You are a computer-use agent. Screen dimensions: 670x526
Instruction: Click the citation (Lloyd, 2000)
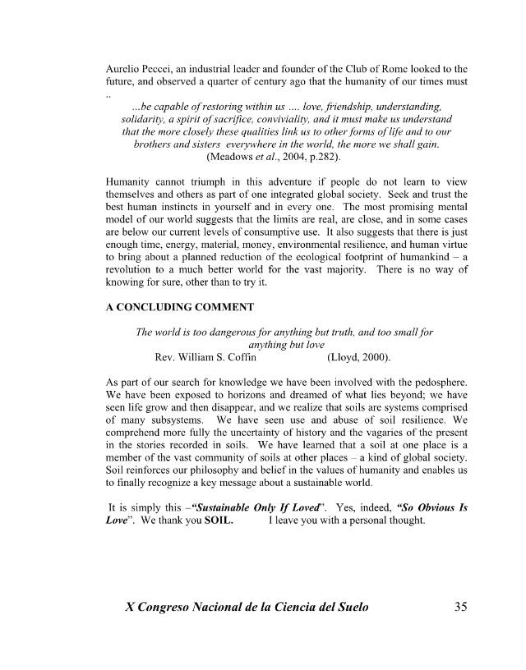tap(359, 358)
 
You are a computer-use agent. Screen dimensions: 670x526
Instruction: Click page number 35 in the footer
tap(460, 608)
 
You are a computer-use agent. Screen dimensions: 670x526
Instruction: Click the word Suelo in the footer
tap(345, 608)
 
